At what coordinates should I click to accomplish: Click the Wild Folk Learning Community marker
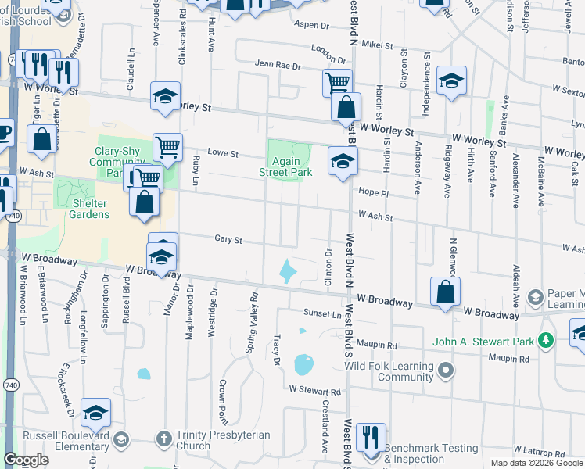(446, 368)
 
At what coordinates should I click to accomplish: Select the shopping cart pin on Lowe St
(167, 146)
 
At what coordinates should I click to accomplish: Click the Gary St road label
(228, 241)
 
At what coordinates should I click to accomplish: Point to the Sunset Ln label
(323, 313)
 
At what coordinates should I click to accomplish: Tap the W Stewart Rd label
(315, 390)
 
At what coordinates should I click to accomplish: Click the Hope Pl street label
(373, 192)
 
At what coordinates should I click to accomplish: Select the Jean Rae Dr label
(278, 66)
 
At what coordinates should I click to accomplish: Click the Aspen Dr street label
(312, 25)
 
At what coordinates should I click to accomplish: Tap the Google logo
(26, 460)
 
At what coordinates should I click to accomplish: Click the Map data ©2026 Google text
(537, 463)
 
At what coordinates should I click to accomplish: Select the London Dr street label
(328, 54)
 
